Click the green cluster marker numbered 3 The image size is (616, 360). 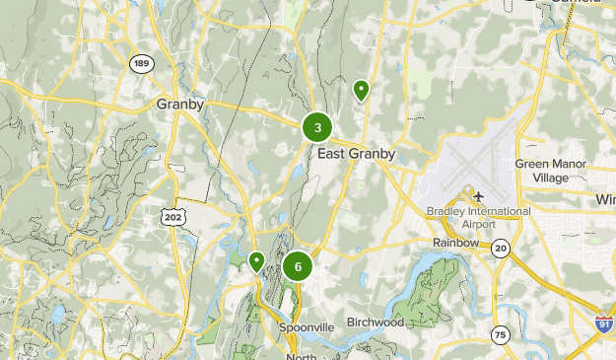(x=317, y=127)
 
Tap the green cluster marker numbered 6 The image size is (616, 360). (x=298, y=266)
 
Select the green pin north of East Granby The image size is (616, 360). (x=362, y=91)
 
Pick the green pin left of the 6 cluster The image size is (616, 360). (x=256, y=261)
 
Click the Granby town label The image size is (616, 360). (x=180, y=103)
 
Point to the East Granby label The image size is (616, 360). (x=357, y=154)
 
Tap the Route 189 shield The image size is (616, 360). (x=142, y=63)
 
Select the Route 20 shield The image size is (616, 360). (x=502, y=247)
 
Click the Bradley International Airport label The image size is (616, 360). (x=479, y=217)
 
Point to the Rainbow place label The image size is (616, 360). (x=455, y=243)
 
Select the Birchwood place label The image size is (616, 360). (x=377, y=322)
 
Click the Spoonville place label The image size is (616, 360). (x=307, y=326)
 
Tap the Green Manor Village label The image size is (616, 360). (x=551, y=171)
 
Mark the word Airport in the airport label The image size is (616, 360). (x=479, y=224)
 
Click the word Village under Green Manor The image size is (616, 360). (x=551, y=178)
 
